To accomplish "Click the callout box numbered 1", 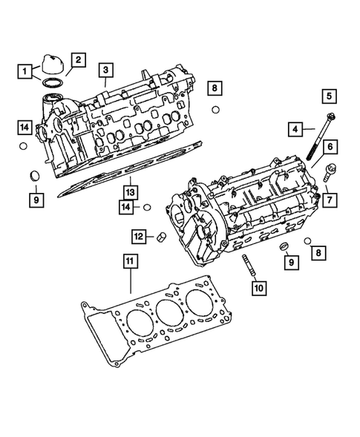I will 26,72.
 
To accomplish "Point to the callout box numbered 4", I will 295,129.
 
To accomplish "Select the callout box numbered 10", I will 257,287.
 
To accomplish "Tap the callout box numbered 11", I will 129,260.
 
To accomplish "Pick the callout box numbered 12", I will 139,236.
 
